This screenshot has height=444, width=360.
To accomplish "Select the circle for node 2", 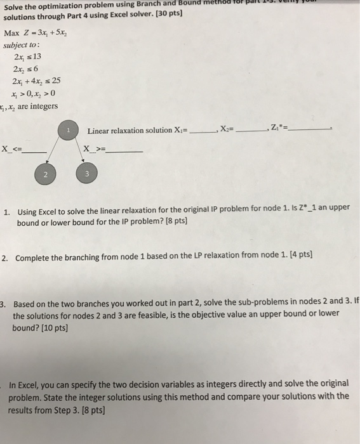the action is coord(45,173).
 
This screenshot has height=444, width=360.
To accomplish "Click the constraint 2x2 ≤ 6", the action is coord(25,70).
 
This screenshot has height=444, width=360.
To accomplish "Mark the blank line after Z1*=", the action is coord(311,130).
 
